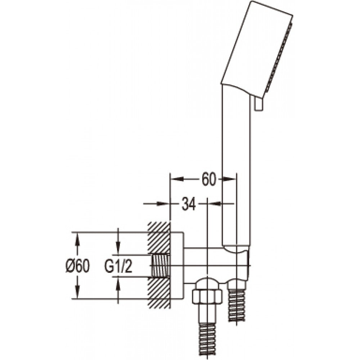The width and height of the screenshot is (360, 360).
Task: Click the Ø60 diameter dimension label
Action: tap(77, 266)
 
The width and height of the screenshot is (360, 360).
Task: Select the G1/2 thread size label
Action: tap(118, 266)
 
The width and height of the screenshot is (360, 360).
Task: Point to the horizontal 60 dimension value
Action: tap(209, 179)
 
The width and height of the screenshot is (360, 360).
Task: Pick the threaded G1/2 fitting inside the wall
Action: tap(160, 266)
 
